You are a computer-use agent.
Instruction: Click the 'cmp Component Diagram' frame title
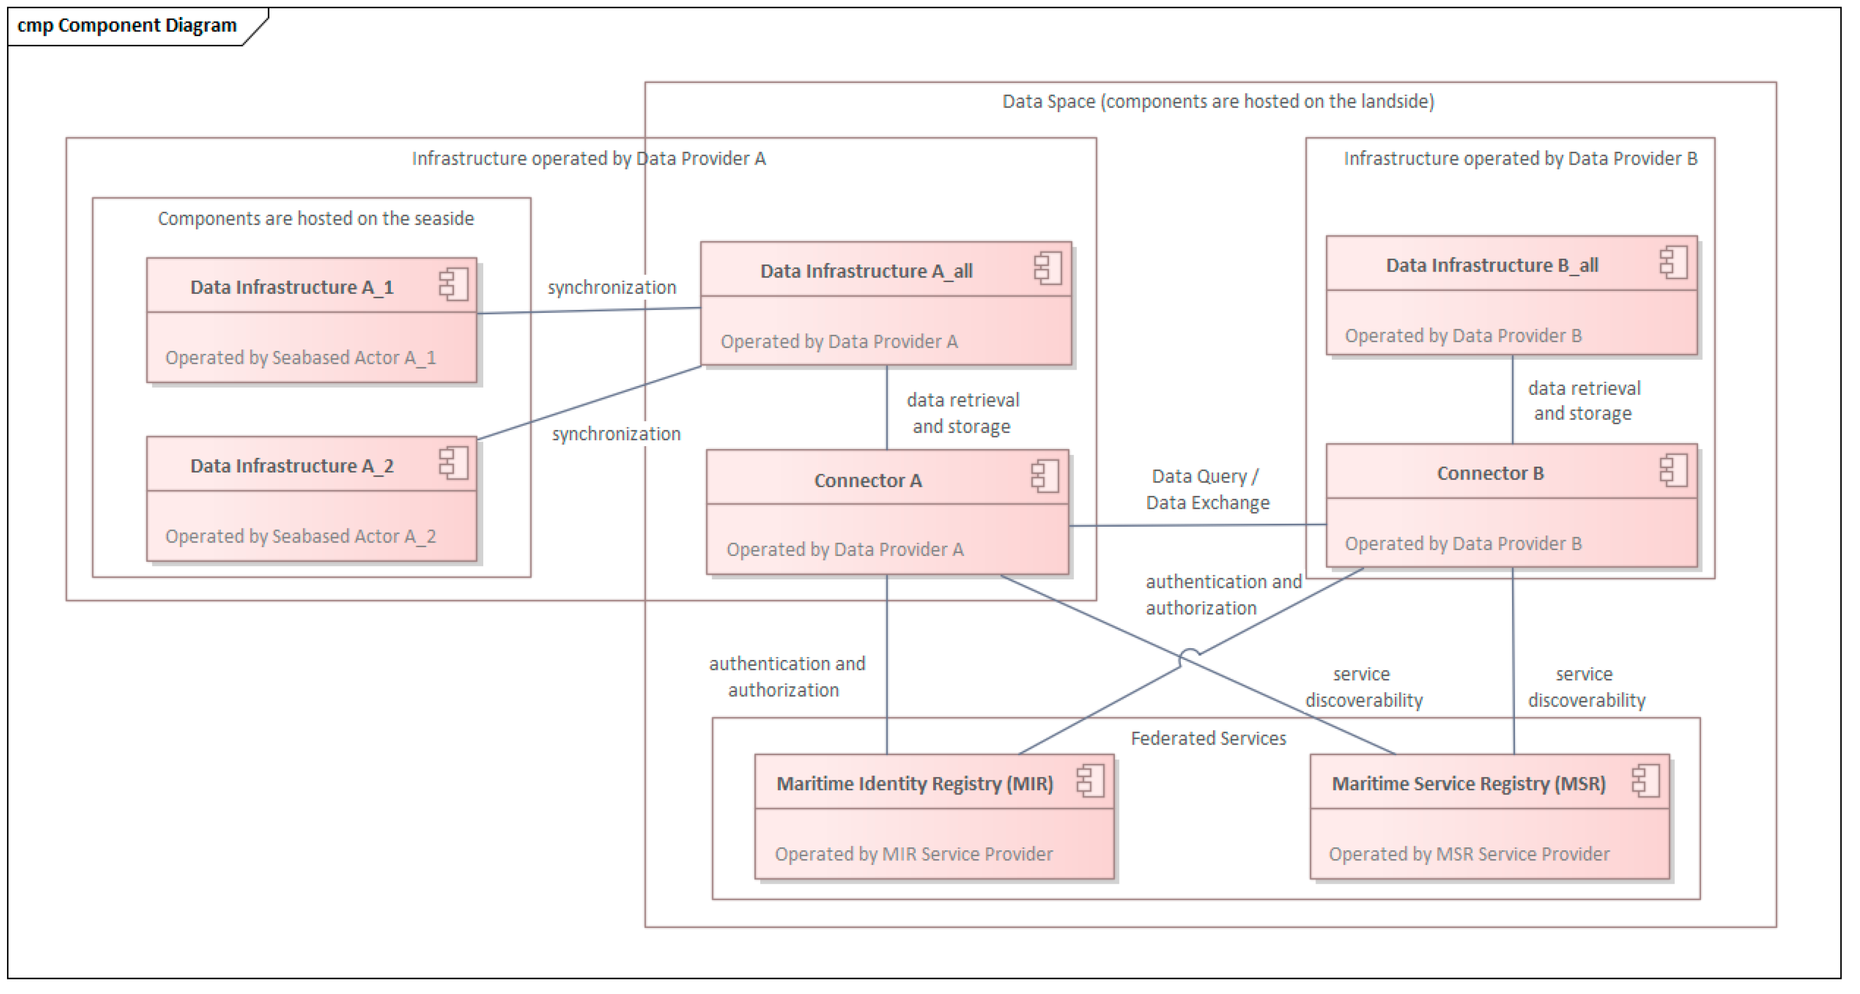coord(126,25)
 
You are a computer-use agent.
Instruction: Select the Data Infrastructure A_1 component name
coord(291,287)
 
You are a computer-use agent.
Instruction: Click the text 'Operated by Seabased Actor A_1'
coord(300,357)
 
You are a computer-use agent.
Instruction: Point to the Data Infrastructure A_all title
coord(866,271)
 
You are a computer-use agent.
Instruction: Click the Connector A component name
coord(867,480)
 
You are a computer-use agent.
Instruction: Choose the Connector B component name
coord(1490,473)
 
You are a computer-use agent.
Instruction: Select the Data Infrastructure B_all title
coord(1491,265)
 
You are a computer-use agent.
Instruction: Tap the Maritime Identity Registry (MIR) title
coord(914,783)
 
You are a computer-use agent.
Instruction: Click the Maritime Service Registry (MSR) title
coord(1468,783)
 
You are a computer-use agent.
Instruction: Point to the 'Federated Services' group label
coord(1207,738)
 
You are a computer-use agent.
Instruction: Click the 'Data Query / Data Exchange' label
coord(1207,489)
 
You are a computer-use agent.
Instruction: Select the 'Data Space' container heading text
coord(1217,101)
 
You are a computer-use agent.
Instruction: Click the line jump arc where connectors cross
coord(1189,654)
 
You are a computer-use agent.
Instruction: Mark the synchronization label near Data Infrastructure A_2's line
coord(616,433)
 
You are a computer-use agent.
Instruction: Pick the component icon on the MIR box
coord(1090,781)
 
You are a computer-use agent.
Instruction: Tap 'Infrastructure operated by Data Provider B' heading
coord(1520,158)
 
